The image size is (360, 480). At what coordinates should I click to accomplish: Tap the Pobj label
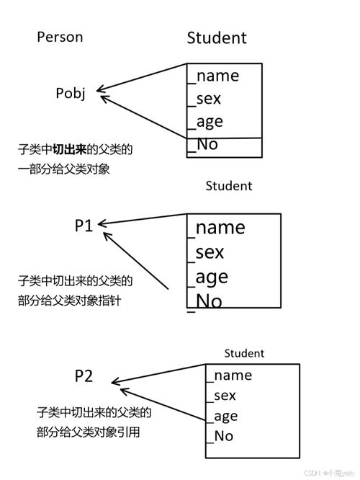coord(71,93)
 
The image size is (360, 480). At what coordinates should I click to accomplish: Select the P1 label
coord(84,226)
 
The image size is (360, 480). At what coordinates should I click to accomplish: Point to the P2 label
coord(84,376)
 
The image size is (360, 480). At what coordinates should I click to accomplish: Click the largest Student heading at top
coord(217,37)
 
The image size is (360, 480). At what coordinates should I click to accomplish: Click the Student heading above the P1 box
coord(229,185)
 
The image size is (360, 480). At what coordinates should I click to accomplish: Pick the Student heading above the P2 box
coord(244,353)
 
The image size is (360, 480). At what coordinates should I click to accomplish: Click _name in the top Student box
coord(214,76)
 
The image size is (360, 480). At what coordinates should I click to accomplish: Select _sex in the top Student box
coord(204,99)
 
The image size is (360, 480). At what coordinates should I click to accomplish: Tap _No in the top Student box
coord(203,144)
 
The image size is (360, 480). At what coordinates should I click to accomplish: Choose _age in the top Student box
coord(206,122)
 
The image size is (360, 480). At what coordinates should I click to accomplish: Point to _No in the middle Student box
coord(206,301)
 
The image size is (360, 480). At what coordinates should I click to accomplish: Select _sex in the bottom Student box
coord(222,395)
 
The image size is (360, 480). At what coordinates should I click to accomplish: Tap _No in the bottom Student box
coord(221,435)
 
